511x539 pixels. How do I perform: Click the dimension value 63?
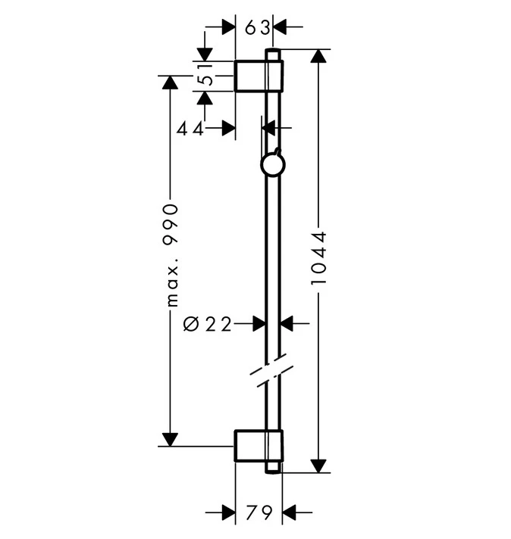[257, 27]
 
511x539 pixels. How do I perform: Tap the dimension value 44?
[190, 129]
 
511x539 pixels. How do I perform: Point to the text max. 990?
[171, 255]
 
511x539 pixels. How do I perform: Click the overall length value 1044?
[318, 258]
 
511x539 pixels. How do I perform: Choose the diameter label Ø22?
[207, 324]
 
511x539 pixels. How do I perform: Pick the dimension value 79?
[259, 513]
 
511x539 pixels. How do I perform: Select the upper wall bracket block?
[259, 76]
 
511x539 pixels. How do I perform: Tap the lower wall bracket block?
[259, 445]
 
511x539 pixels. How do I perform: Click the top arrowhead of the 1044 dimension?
[318, 56]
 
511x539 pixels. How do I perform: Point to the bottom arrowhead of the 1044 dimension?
[318, 466]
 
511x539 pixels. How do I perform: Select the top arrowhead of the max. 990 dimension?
[170, 83]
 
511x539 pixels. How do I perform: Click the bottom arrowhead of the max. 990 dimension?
[170, 440]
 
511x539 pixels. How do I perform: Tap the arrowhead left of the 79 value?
[228, 513]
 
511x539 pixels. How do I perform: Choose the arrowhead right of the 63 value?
[280, 26]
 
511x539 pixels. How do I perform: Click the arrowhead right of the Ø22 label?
[287, 323]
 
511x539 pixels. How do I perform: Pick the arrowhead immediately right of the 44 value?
[228, 128]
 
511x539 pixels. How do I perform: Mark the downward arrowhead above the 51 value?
[205, 55]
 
